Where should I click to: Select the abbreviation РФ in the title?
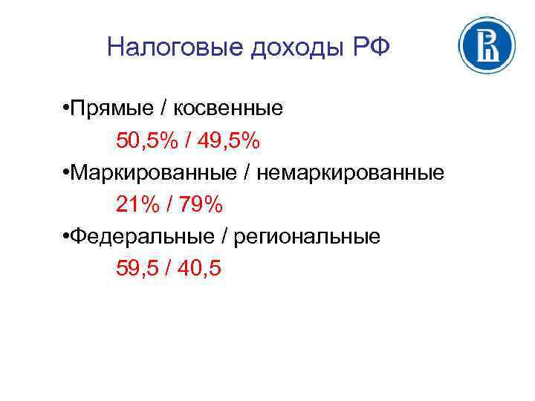pos(370,48)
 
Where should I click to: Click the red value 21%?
pos(134,205)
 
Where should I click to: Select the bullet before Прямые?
pos(66,109)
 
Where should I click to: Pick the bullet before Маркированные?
pos(66,173)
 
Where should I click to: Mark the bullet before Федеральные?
pos(66,236)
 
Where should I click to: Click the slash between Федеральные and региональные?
pos(224,237)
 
